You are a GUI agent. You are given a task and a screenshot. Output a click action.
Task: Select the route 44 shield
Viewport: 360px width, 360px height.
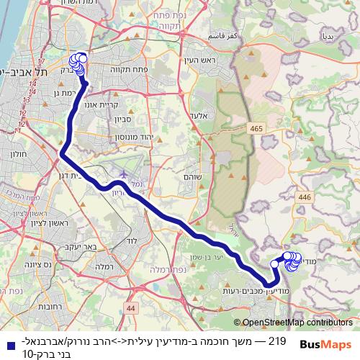(x=130, y=308)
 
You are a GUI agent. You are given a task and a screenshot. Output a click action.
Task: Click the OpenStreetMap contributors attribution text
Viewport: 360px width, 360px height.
(x=298, y=323)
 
